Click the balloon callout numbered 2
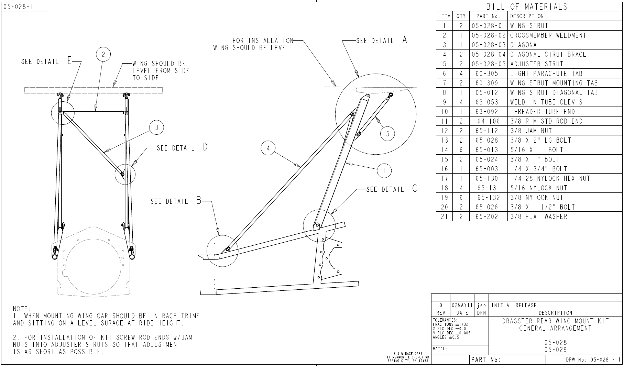click(103, 54)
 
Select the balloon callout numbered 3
click(157, 127)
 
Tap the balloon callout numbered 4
click(268, 148)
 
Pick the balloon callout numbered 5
click(387, 134)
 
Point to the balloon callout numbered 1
click(384, 170)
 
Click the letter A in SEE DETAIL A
click(405, 40)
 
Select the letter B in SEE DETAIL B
click(199, 201)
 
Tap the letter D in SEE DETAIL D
click(205, 147)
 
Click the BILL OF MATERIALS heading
click(526, 7)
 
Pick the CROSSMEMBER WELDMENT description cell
click(548, 35)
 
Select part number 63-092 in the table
click(487, 112)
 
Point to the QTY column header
click(461, 16)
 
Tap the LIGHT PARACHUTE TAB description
click(543, 74)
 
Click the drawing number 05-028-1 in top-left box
click(18, 7)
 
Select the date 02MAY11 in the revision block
click(462, 305)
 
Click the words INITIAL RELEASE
click(514, 305)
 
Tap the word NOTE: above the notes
click(22, 309)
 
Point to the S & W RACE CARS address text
click(408, 357)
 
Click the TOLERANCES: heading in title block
click(445, 320)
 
